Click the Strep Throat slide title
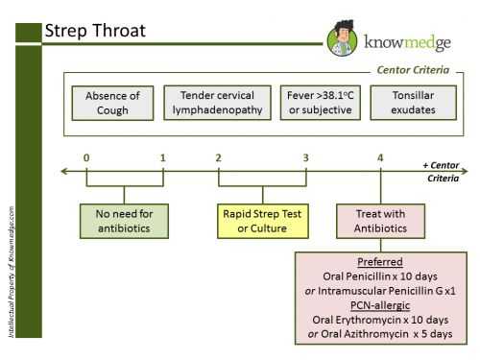click(x=95, y=31)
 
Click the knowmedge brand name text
click(x=403, y=42)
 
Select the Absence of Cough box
click(x=113, y=103)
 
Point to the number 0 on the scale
click(x=86, y=157)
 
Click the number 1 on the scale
click(x=162, y=157)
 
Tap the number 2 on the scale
click(x=219, y=157)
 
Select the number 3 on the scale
click(x=305, y=157)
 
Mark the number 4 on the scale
click(x=380, y=157)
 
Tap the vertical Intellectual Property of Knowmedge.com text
click(x=10, y=270)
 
